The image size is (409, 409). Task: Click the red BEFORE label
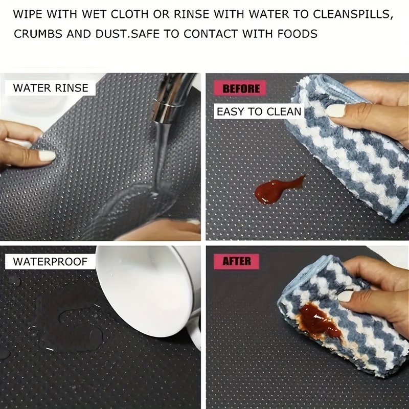241,88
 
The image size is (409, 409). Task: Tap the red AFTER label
237,261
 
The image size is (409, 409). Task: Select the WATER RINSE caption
51,87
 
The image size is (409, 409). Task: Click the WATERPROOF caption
51,262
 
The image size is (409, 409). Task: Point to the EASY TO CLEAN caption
259,111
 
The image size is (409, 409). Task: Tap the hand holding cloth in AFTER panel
378,286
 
